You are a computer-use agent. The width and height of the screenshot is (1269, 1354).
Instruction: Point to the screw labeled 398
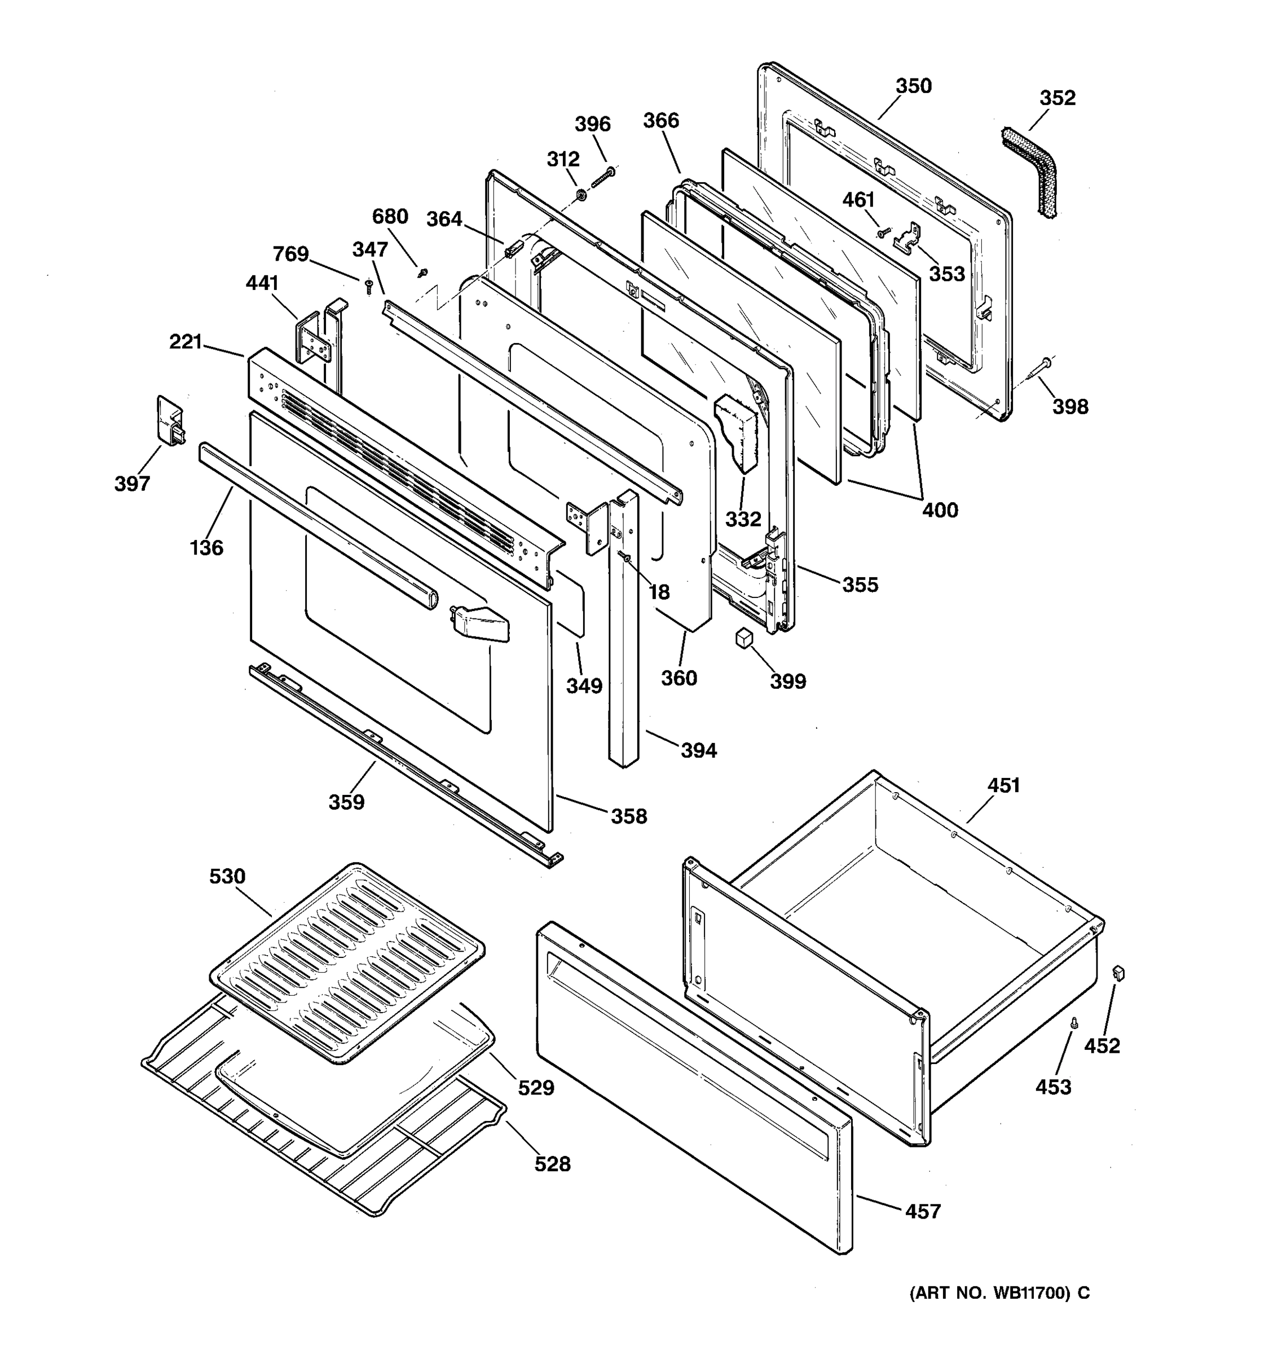[x=1042, y=368]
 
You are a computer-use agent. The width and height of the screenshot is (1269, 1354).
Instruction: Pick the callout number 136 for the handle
[x=206, y=548]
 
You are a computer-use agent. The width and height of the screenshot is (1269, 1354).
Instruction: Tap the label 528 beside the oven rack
[x=552, y=1164]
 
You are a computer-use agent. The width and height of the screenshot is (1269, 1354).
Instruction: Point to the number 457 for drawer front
[x=923, y=1211]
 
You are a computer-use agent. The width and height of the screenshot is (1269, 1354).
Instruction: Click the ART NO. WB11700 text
[x=999, y=1293]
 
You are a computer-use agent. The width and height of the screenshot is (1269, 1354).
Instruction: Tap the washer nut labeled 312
[x=582, y=196]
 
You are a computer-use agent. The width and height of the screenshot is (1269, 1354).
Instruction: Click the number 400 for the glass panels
[x=940, y=509]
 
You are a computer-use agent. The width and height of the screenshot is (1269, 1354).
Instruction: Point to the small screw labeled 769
[x=369, y=285]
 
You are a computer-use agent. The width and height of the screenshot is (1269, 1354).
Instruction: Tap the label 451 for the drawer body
[x=1003, y=785]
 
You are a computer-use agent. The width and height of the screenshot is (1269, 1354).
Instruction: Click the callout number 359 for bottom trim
[x=346, y=802]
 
